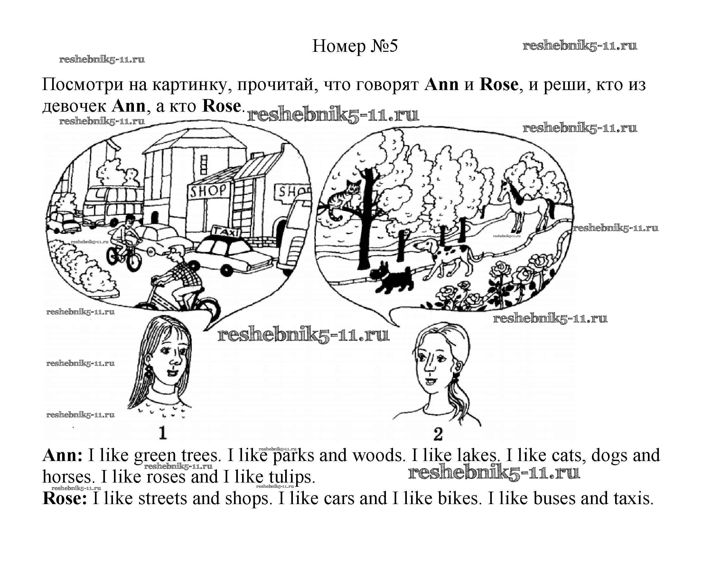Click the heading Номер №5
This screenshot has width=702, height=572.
click(x=355, y=46)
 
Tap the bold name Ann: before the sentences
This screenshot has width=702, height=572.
click(x=62, y=456)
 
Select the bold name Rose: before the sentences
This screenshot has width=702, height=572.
click(x=65, y=498)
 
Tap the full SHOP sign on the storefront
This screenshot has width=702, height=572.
click(x=208, y=190)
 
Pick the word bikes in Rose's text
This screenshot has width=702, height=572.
click(x=458, y=498)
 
